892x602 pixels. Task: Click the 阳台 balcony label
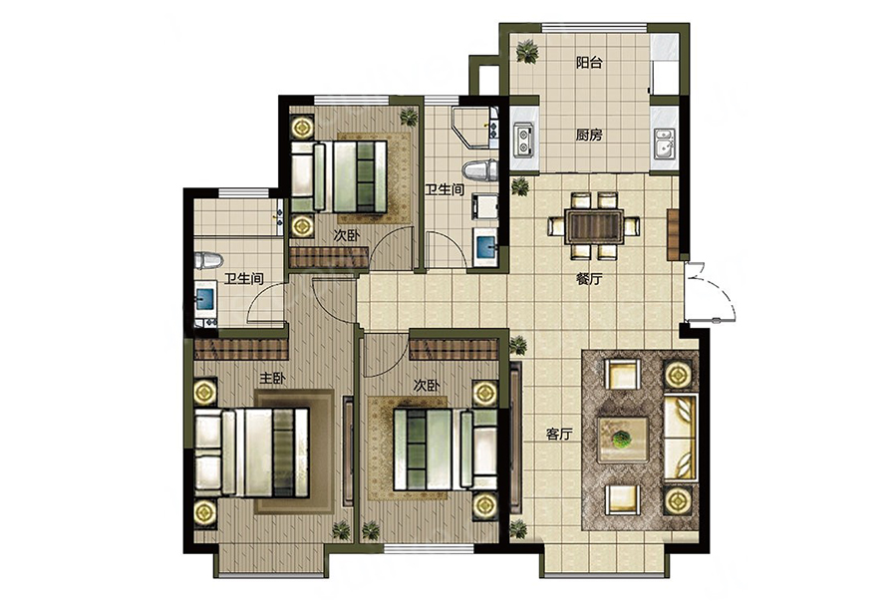click(x=589, y=63)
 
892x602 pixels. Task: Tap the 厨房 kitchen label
click(x=589, y=136)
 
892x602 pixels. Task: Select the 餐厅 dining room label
click(x=589, y=279)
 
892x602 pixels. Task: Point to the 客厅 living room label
click(x=559, y=435)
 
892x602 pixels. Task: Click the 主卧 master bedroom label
click(x=272, y=379)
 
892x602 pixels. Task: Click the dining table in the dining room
click(x=594, y=226)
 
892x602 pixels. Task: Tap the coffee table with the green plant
click(x=623, y=440)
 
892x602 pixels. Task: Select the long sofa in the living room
click(x=681, y=437)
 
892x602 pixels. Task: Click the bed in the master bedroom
click(x=251, y=452)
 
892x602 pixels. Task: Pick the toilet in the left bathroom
click(x=208, y=260)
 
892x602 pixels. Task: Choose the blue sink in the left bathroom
click(x=204, y=298)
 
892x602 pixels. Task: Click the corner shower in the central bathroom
click(x=474, y=127)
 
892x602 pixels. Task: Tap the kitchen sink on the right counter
click(x=664, y=143)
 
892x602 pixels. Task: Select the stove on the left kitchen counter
click(x=523, y=140)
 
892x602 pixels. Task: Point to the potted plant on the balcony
click(x=527, y=51)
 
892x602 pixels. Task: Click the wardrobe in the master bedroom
click(x=240, y=350)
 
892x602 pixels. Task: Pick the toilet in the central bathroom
click(x=480, y=170)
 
